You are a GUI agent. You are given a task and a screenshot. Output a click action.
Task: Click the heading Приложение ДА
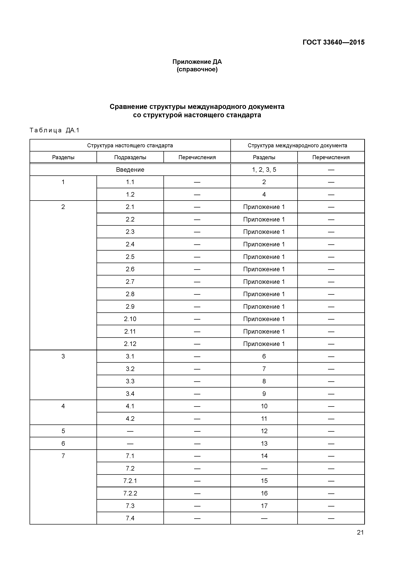pos(197,62)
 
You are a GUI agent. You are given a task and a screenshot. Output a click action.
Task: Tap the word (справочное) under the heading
pos(197,69)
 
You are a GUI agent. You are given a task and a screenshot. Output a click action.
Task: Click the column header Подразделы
pos(130,157)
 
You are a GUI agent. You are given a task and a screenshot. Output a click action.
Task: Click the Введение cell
pos(130,170)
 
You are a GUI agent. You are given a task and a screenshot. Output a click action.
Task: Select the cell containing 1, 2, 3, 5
pos(264,170)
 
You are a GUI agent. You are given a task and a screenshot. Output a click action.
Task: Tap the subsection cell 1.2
pos(130,194)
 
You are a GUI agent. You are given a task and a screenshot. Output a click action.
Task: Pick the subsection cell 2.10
pos(130,319)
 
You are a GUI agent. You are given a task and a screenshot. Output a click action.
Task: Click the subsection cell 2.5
pos(130,257)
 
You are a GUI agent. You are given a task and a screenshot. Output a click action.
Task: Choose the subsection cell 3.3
pos(130,381)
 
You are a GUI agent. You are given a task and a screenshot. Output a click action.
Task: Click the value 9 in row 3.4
pos(264,394)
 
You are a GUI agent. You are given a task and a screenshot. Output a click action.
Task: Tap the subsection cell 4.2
pos(130,419)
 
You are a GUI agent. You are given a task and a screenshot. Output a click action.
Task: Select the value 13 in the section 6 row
pos(264,444)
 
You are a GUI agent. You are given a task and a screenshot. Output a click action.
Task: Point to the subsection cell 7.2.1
pos(130,481)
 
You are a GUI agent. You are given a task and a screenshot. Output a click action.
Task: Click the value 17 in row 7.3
pos(264,506)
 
